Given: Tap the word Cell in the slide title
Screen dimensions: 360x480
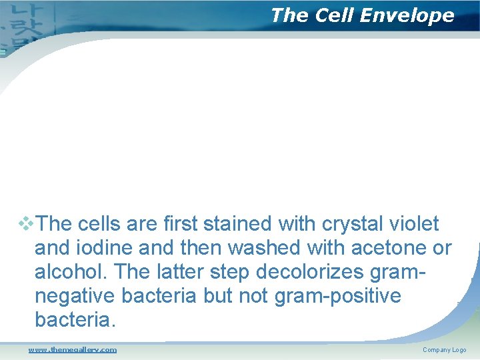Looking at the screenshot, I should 332,15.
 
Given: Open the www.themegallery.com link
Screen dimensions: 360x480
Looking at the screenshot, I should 72,349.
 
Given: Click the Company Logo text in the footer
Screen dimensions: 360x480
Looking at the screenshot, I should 444,350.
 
